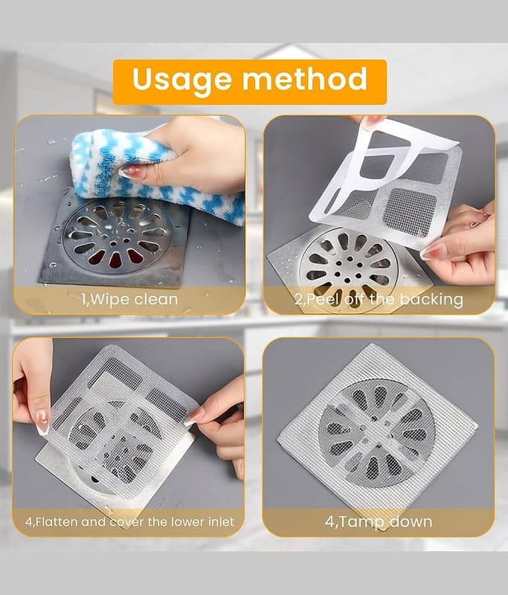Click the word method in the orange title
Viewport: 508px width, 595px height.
click(x=305, y=79)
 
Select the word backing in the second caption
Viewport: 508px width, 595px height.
click(x=431, y=300)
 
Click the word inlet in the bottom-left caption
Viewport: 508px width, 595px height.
click(x=222, y=522)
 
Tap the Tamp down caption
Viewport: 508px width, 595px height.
click(x=379, y=521)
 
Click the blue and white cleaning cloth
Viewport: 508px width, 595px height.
click(x=152, y=175)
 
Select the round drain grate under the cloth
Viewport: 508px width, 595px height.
click(x=117, y=236)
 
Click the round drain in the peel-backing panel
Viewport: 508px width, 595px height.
click(x=349, y=266)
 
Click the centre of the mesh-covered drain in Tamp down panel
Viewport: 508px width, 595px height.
click(x=376, y=433)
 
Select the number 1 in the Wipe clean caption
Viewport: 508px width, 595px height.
click(x=84, y=300)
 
